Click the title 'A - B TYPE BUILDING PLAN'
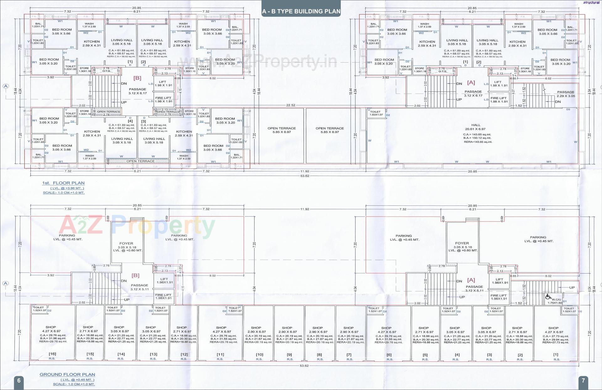click(x=301, y=12)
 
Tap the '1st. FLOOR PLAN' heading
click(x=63, y=183)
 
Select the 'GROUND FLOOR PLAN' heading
click(x=67, y=374)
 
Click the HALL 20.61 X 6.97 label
click(x=476, y=127)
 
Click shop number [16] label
click(x=52, y=354)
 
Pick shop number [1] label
click(x=556, y=355)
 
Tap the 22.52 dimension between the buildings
click(x=291, y=105)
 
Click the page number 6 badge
click(x=19, y=381)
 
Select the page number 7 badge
click(x=583, y=381)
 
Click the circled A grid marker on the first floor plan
click(x=5, y=86)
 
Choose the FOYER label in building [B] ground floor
click(x=126, y=243)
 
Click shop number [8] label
click(x=319, y=355)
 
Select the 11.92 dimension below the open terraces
click(x=304, y=171)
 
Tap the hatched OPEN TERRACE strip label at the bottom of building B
click(x=140, y=161)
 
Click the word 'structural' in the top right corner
click(x=591, y=3)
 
